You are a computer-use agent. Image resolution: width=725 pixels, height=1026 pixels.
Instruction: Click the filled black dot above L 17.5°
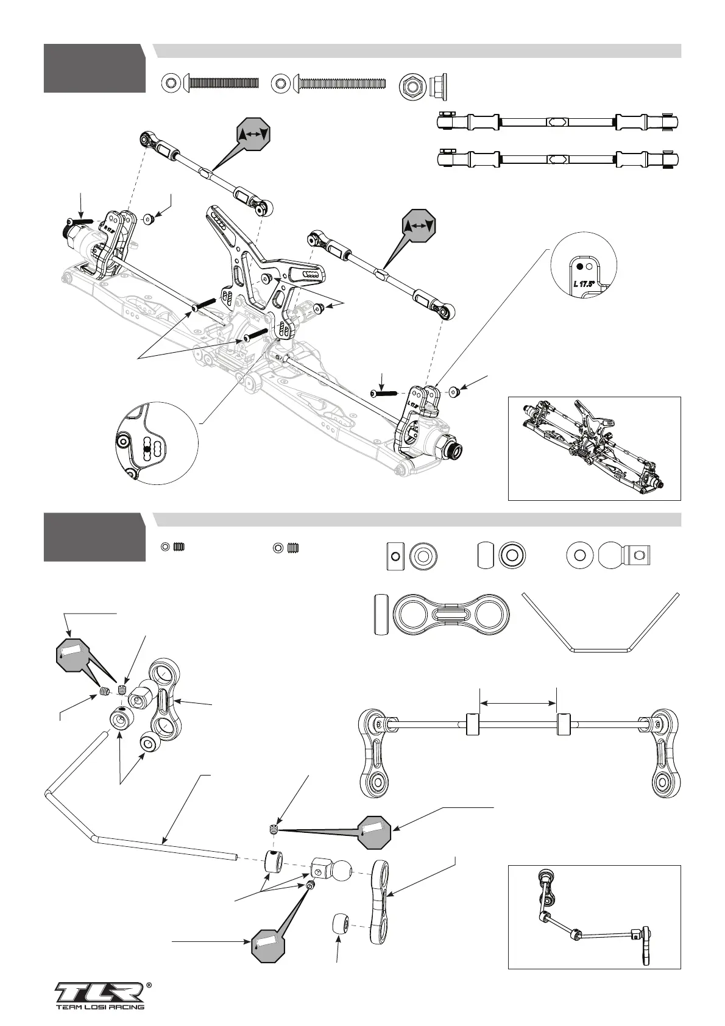(x=579, y=266)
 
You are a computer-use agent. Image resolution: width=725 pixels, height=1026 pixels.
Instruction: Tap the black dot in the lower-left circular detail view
(x=146, y=450)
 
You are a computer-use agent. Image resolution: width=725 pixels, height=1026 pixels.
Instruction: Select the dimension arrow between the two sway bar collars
(x=518, y=702)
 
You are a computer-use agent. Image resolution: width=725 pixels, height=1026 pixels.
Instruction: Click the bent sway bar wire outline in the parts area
(x=601, y=621)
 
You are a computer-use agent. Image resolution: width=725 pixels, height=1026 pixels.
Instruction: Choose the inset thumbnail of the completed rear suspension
(x=594, y=448)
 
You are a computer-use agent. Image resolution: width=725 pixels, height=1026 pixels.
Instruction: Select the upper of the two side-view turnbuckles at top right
(x=560, y=122)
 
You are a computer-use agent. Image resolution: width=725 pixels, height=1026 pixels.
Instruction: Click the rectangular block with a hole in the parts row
(x=395, y=555)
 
